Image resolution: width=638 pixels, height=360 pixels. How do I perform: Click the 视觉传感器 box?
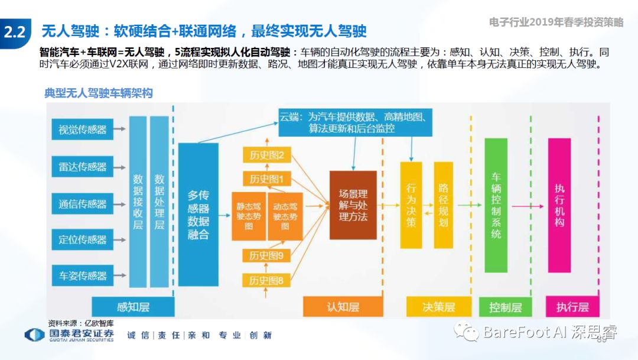(x=82, y=129)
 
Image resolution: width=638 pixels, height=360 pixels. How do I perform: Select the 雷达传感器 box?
(x=82, y=166)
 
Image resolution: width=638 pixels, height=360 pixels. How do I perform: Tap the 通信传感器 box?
(x=82, y=204)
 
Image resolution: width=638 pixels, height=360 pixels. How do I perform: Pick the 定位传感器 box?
(x=82, y=239)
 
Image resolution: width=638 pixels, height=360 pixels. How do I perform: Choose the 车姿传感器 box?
(x=82, y=275)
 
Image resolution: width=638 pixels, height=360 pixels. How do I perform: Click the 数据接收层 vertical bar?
(x=138, y=201)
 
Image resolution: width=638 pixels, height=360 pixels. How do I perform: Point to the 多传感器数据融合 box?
(x=198, y=214)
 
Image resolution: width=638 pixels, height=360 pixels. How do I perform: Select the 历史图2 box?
(x=266, y=155)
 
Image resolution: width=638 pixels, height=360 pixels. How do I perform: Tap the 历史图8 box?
(x=266, y=280)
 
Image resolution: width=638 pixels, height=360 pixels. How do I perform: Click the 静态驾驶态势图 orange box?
(x=249, y=216)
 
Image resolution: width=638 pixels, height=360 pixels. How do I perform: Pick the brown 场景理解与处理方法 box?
(x=353, y=205)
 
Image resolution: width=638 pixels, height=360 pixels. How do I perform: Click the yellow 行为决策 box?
(x=411, y=205)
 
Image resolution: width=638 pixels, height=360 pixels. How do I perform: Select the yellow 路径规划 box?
(x=444, y=205)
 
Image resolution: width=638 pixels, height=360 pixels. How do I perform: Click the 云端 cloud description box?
(x=357, y=122)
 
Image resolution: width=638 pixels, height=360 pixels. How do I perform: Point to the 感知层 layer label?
(x=132, y=306)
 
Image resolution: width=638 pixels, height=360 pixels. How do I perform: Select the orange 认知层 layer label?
(x=343, y=306)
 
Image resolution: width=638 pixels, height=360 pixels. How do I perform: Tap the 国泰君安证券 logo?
(x=69, y=335)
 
